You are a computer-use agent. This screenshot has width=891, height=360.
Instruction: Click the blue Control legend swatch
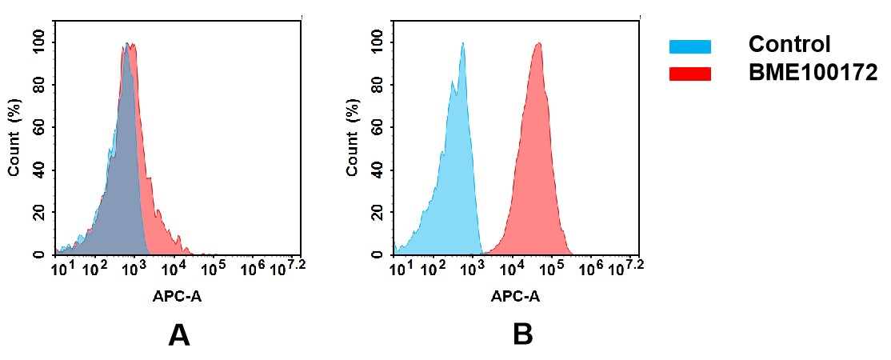[689, 47]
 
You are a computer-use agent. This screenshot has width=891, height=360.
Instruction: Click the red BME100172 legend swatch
[689, 74]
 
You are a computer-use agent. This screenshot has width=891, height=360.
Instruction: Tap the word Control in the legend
[789, 45]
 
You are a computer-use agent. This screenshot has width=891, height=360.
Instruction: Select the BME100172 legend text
[813, 73]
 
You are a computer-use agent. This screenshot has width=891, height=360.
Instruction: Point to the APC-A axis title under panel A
[177, 297]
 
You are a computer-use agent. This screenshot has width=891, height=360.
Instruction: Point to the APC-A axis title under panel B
[515, 297]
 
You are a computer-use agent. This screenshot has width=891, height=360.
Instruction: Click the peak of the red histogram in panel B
[538, 44]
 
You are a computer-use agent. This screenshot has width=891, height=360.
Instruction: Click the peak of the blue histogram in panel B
[462, 44]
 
